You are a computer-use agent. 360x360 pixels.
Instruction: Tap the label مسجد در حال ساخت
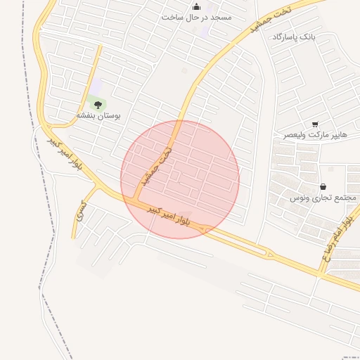click(x=196, y=16)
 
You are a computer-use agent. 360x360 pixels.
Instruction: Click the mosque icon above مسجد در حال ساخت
click(x=195, y=6)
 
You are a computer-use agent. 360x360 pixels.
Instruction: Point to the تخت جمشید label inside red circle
click(x=156, y=163)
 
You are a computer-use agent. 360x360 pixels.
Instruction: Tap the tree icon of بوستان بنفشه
click(x=97, y=104)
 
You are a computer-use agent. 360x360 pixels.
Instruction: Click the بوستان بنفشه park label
click(x=98, y=115)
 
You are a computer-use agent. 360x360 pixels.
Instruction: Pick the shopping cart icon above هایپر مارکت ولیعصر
click(x=314, y=124)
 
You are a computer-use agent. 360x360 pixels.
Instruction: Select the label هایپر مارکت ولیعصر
click(x=316, y=134)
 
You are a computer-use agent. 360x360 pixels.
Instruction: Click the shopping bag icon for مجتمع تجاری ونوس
click(x=322, y=187)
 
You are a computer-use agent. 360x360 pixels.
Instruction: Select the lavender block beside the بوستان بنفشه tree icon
click(x=96, y=86)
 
